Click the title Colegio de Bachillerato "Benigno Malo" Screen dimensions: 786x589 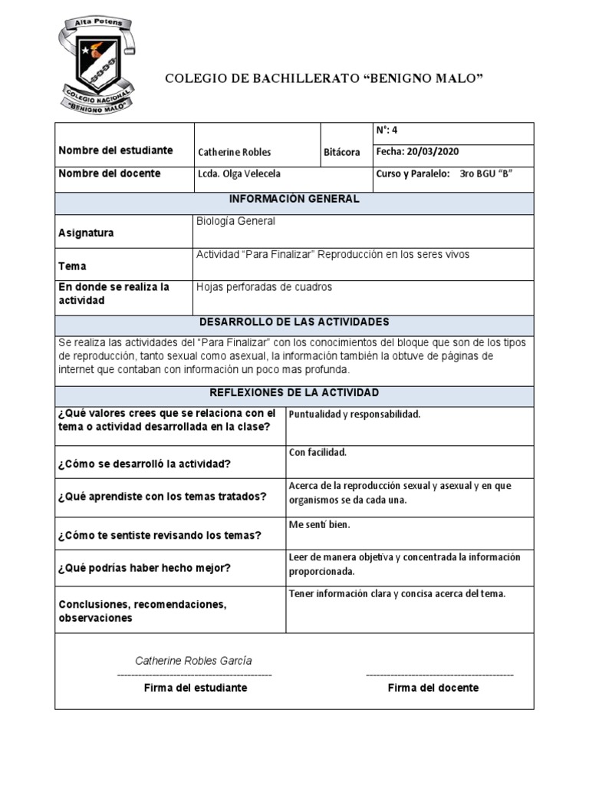coord(324,79)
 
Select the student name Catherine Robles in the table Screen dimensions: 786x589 coord(234,152)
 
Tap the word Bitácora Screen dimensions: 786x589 coord(341,152)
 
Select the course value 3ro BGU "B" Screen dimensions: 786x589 coord(485,174)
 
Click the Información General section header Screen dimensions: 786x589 coord(294,200)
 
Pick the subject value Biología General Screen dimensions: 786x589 coord(235,221)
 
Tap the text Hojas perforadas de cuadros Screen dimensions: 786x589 coord(265,287)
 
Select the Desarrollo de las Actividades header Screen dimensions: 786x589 coord(294,322)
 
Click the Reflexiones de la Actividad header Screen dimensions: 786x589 coord(294,392)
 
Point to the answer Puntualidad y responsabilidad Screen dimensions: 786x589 coord(354,414)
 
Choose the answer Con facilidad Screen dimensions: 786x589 coord(318,452)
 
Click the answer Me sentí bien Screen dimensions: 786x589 coord(319,524)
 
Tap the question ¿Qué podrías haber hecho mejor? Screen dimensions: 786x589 coord(144,568)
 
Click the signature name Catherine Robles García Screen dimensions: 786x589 coord(193,661)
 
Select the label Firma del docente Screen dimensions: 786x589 coord(433,688)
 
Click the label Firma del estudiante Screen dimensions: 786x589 coord(196,688)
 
